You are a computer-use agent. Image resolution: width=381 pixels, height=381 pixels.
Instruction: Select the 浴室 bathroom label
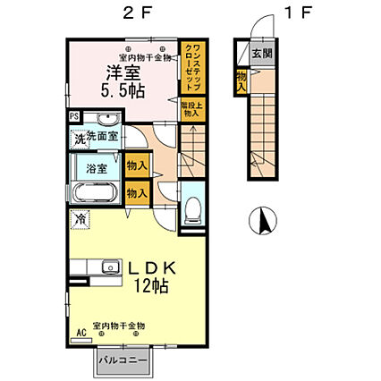(x=97, y=168)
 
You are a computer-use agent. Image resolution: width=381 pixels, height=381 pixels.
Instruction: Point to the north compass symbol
(x=263, y=220)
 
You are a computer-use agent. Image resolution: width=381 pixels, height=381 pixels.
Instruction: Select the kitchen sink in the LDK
(x=110, y=266)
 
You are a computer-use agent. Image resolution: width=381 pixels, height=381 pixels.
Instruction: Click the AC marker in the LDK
(x=81, y=331)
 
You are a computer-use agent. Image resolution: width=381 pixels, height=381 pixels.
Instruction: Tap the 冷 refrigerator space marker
(x=80, y=218)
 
